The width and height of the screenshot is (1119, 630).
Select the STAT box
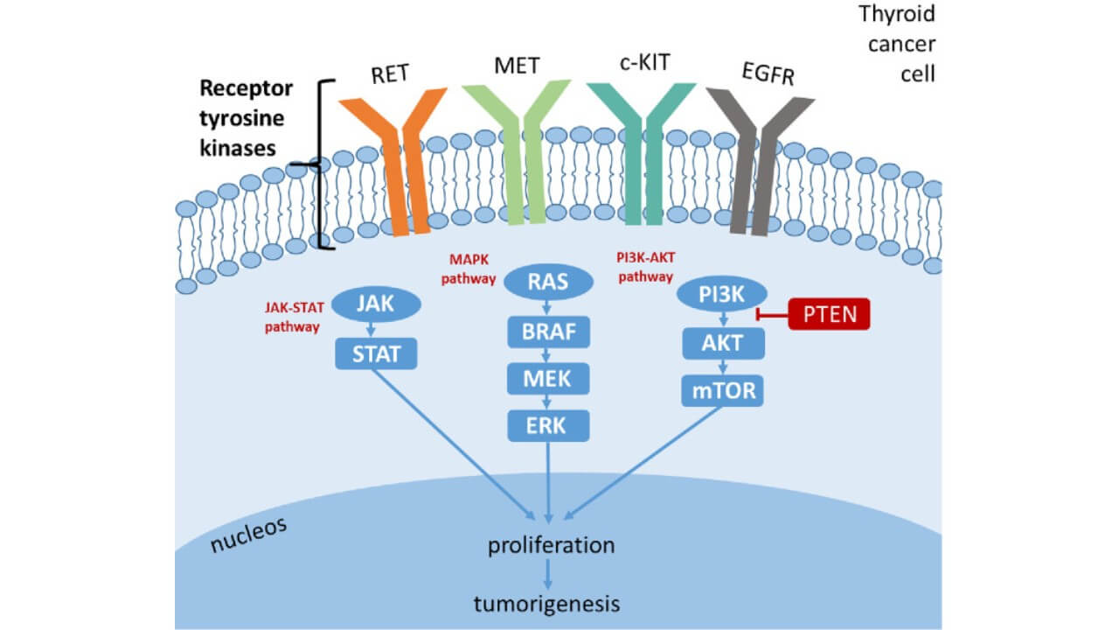(376, 353)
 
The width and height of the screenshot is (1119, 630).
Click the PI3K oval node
(722, 294)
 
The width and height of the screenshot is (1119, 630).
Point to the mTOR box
(722, 390)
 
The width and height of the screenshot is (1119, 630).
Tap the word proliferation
(551, 546)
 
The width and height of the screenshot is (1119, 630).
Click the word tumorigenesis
(547, 604)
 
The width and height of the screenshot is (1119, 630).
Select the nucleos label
(249, 535)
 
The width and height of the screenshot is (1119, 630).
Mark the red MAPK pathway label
(472, 269)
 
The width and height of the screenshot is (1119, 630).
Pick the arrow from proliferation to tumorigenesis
(548, 574)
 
